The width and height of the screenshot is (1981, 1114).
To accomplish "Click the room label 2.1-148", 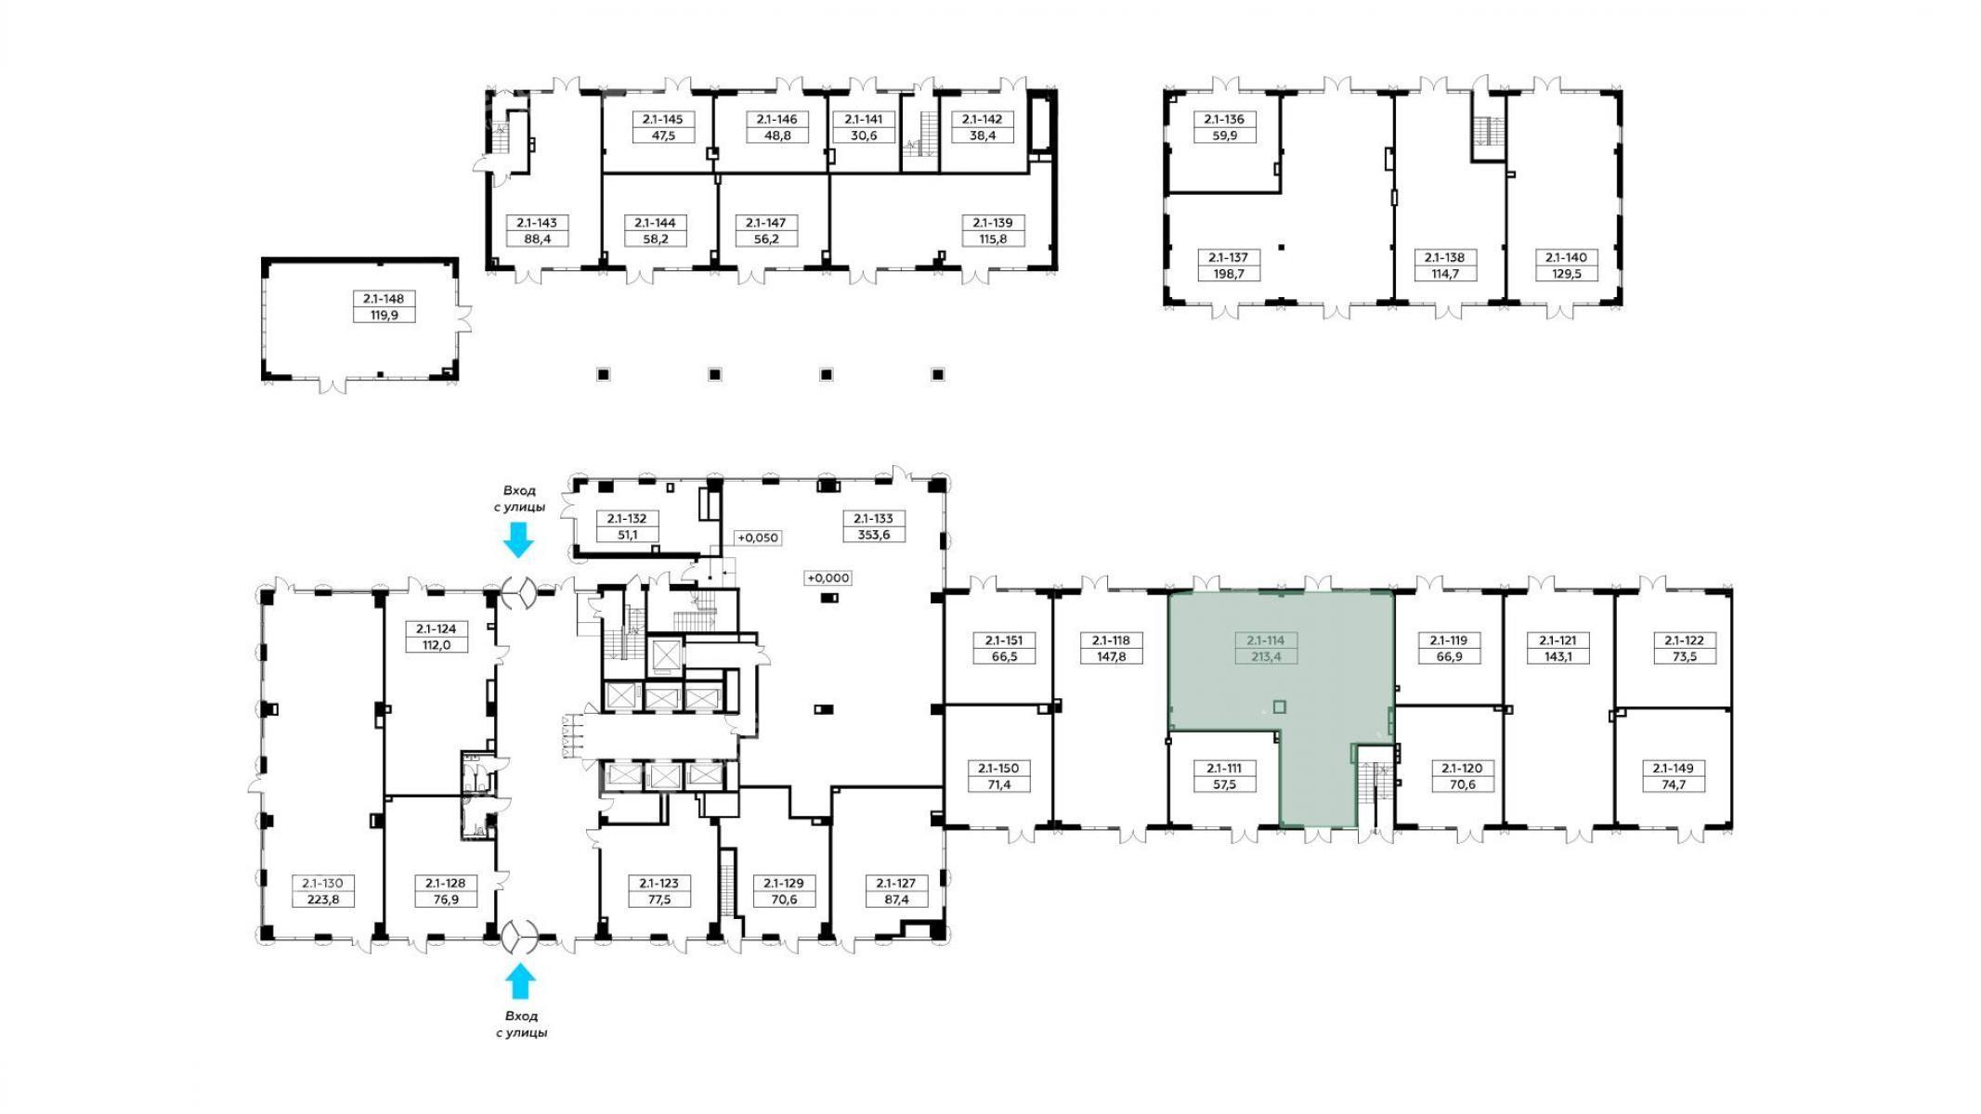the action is click(x=384, y=299).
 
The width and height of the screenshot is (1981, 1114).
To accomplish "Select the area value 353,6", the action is click(x=873, y=535).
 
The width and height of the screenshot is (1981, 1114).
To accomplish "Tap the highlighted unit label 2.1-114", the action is click(x=1266, y=641).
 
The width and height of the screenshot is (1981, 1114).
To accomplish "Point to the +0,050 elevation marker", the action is click(x=758, y=538).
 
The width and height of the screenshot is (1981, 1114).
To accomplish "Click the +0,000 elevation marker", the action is click(x=828, y=577).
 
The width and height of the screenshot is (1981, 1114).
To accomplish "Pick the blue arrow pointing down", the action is click(x=518, y=539).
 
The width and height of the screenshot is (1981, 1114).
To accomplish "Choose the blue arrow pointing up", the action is click(x=520, y=980).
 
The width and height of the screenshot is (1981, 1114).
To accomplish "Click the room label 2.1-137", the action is click(x=1228, y=257).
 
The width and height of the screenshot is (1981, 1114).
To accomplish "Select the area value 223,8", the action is click(x=322, y=900).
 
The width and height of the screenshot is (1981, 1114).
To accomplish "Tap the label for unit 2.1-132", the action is click(x=627, y=519).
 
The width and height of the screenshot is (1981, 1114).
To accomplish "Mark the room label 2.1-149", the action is click(x=1673, y=769).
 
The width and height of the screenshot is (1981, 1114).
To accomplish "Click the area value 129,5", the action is click(x=1566, y=274).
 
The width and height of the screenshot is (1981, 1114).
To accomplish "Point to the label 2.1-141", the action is click(x=864, y=119).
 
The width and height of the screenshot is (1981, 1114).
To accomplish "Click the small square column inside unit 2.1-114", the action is click(x=1280, y=707).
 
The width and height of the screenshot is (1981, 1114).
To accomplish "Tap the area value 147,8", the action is click(x=1111, y=657).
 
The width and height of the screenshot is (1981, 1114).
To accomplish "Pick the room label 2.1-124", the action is click(x=436, y=628).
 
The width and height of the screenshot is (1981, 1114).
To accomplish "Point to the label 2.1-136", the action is click(x=1225, y=119).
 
